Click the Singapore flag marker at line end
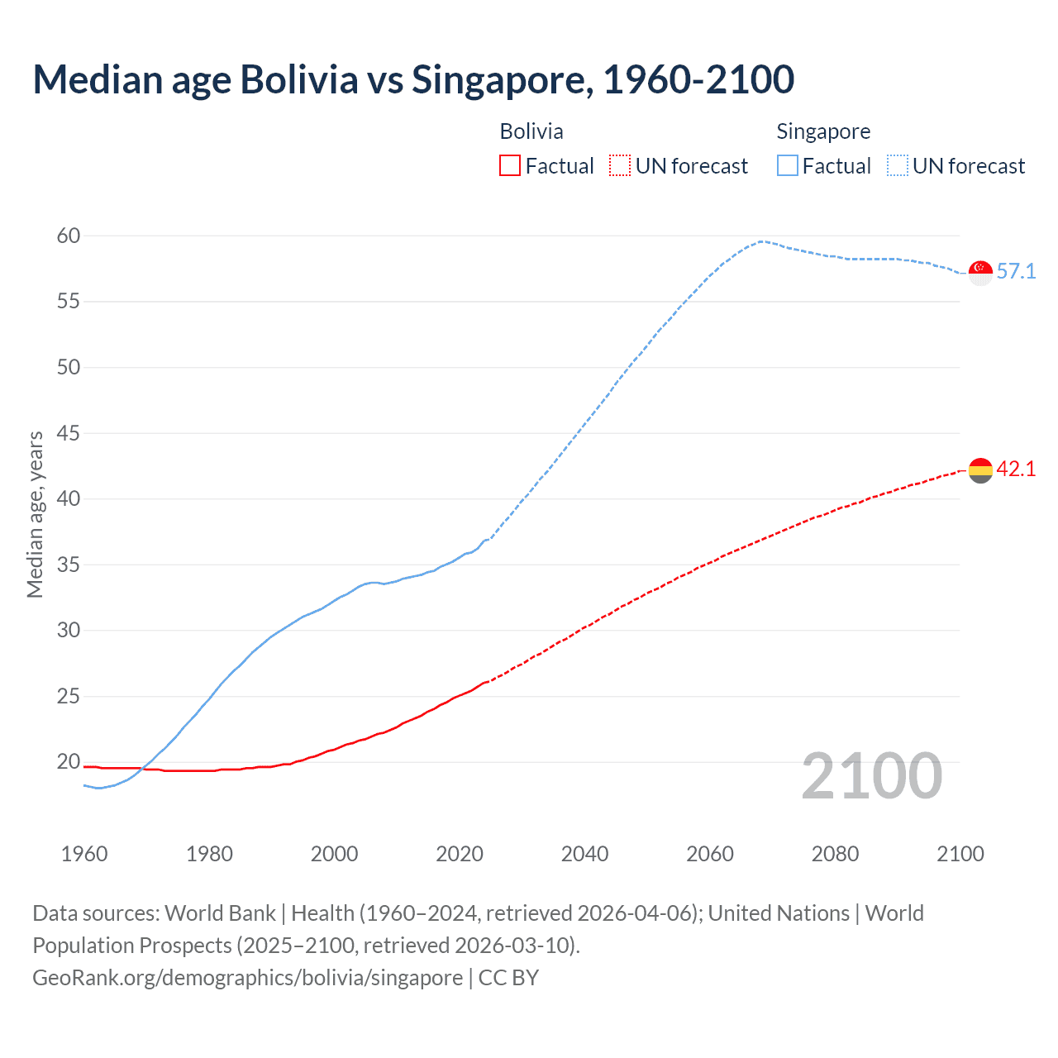(980, 272)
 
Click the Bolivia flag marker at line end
(980, 470)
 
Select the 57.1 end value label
(1016, 271)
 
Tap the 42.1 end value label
(1016, 469)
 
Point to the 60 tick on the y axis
(69, 236)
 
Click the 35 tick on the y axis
(69, 565)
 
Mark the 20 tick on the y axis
(69, 761)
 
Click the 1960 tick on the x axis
(84, 854)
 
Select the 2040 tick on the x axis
(584, 854)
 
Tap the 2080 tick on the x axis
(835, 854)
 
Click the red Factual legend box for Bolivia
(510, 165)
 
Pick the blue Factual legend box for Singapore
(787, 165)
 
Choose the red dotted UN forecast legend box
(620, 165)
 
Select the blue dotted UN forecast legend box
(897, 165)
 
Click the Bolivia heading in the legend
(531, 131)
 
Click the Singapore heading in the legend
(823, 131)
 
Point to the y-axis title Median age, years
(35, 514)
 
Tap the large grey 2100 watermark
(871, 776)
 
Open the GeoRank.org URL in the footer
(247, 977)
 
